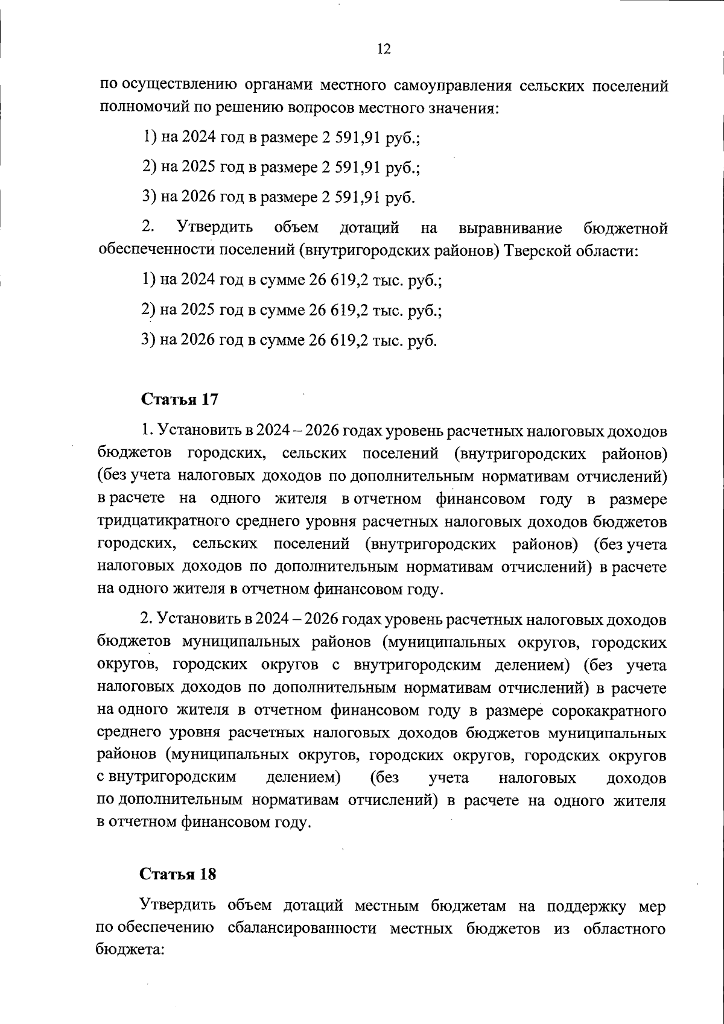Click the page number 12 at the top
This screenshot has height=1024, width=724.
point(384,49)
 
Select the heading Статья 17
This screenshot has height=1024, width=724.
point(179,399)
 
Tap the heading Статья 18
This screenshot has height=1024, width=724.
point(178,874)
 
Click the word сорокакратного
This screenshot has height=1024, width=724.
point(610,710)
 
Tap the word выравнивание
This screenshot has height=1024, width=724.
point(510,229)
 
